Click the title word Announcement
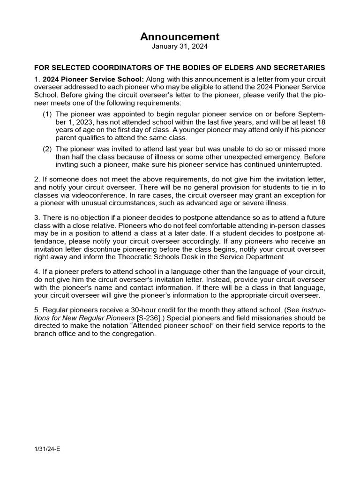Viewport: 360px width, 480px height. point(180,37)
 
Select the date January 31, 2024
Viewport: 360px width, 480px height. point(180,47)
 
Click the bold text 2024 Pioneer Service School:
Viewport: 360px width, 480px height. point(93,79)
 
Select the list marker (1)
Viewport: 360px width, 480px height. point(47,114)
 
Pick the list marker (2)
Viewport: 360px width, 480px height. point(47,149)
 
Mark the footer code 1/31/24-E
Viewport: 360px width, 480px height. point(47,449)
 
